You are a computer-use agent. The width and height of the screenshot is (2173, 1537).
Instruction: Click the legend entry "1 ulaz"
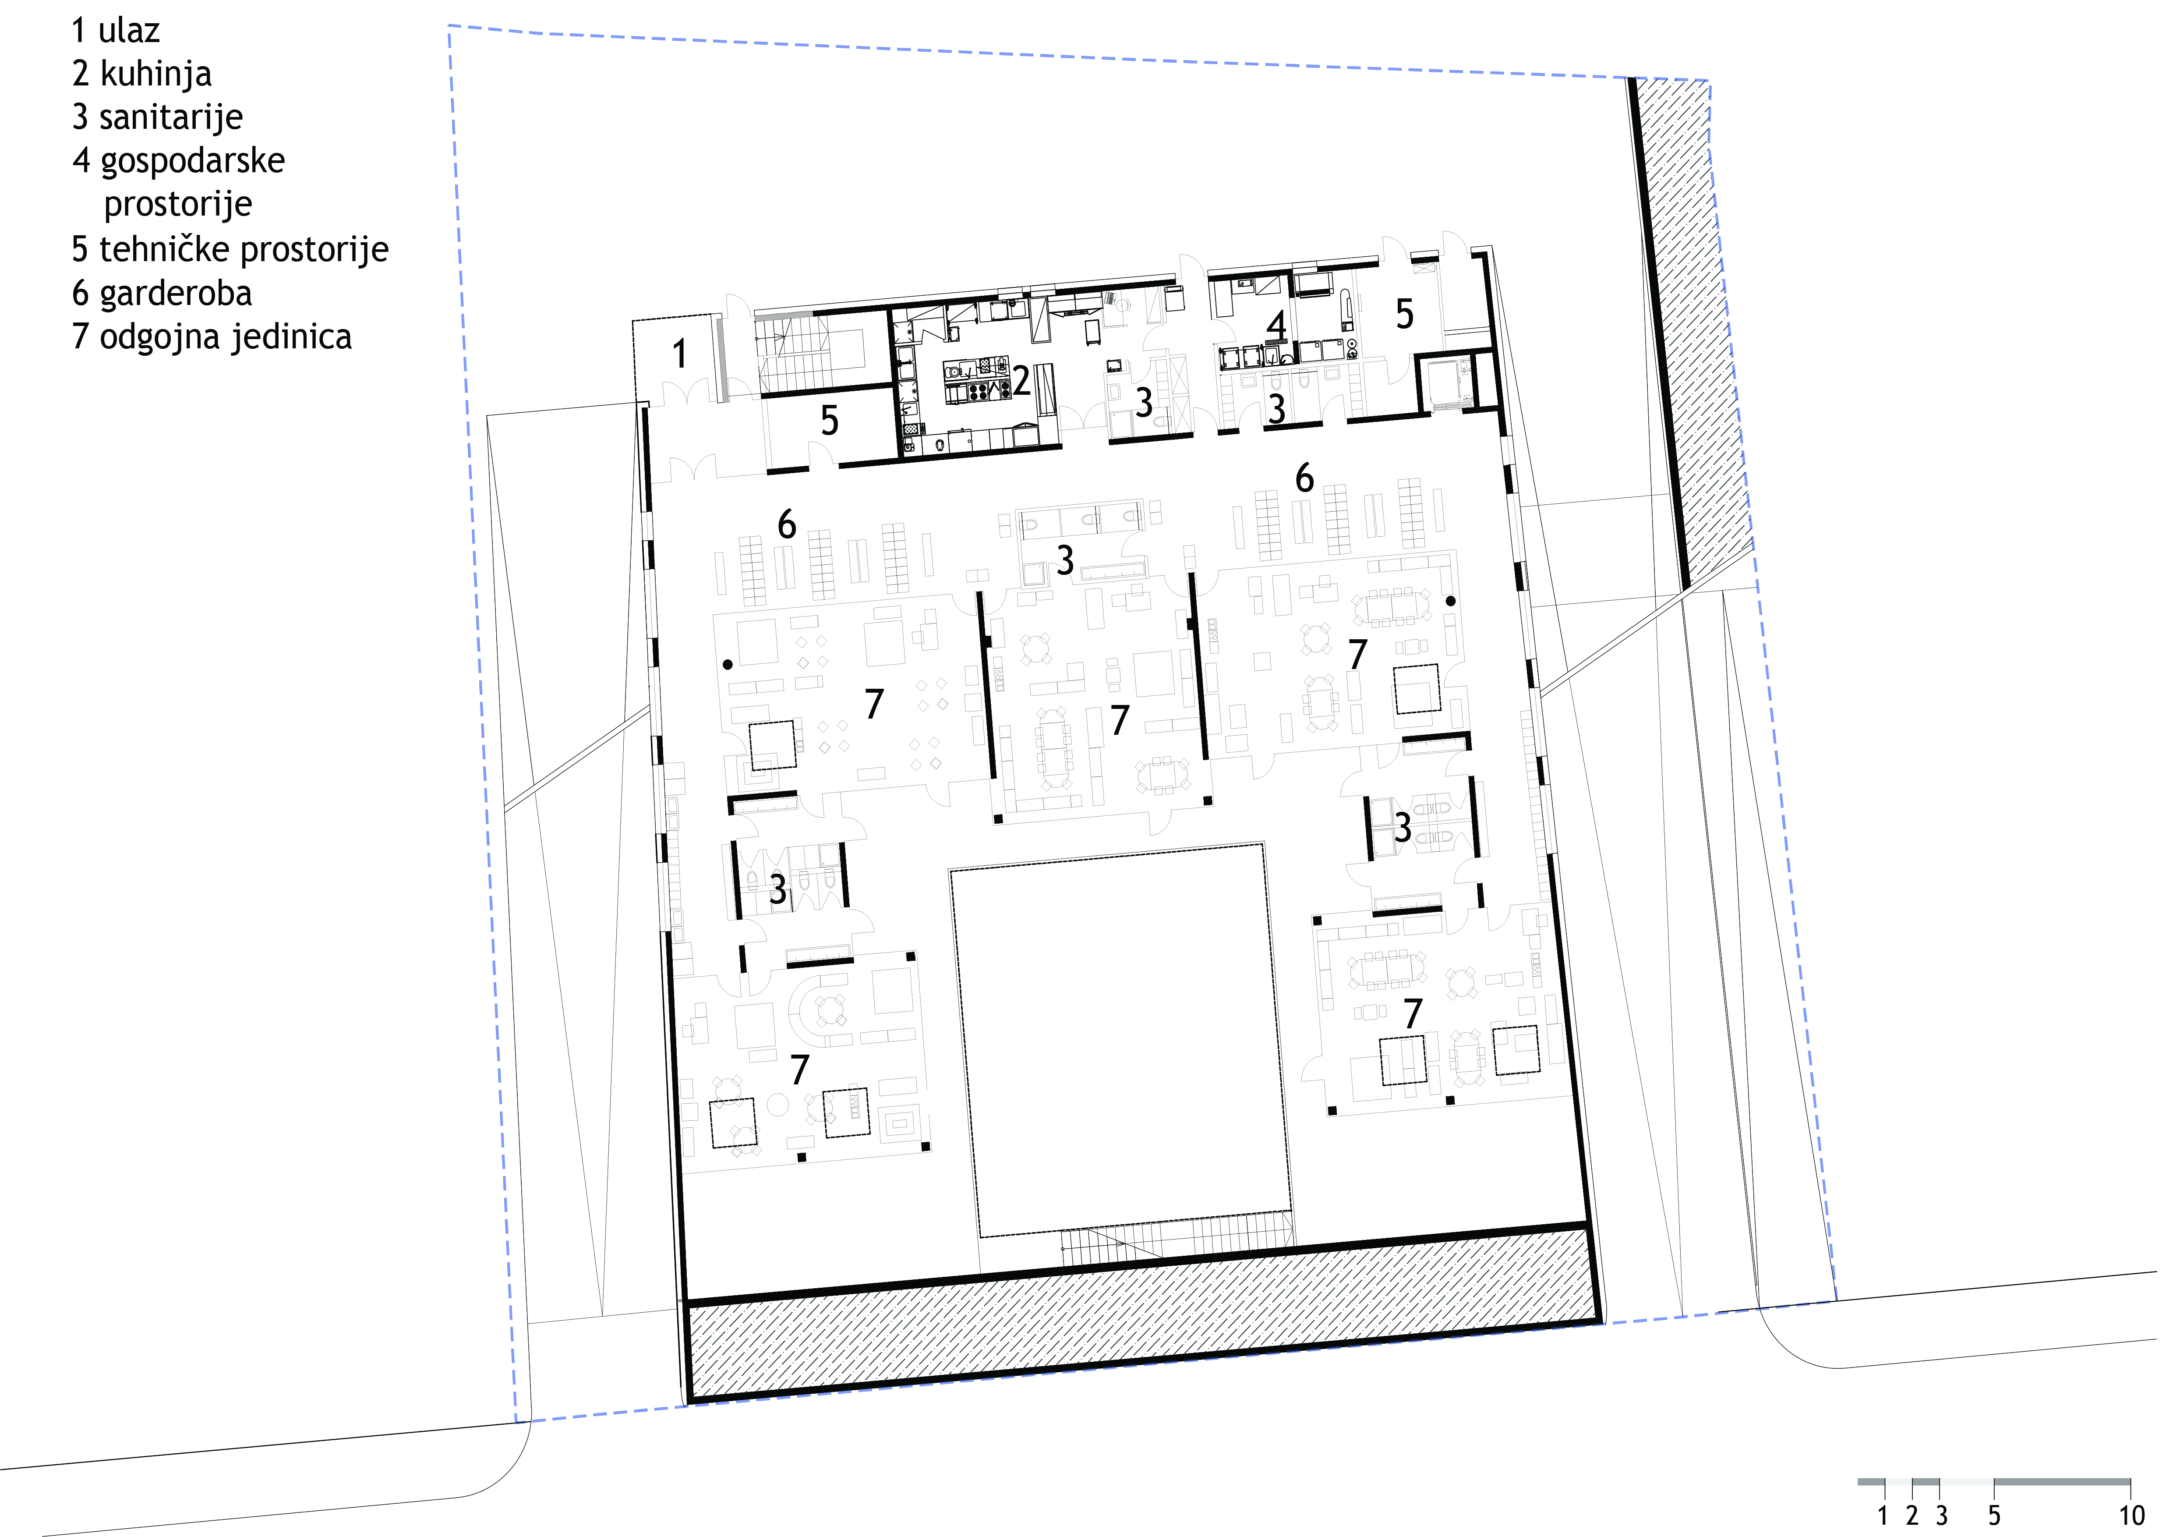coord(116,31)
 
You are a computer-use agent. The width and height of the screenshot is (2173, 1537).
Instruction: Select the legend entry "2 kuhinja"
coord(142,74)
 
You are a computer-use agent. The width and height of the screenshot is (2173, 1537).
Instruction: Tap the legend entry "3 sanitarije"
coord(157,117)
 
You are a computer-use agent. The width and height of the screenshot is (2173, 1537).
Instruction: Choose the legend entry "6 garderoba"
coord(162,294)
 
